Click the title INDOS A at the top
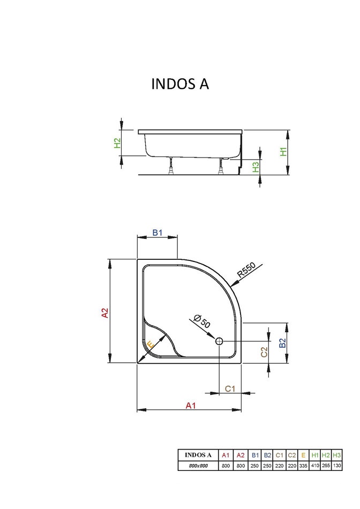point(180,85)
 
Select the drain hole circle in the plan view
point(219,341)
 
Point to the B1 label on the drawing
point(157,233)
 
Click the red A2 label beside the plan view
point(106,313)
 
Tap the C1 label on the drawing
point(230,388)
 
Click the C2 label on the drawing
point(264,352)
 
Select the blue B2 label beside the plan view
point(282,343)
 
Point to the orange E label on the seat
point(151,345)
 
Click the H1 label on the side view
point(284,152)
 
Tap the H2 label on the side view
point(117,143)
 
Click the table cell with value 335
point(303,466)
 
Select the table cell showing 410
point(314,466)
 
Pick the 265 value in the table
point(326,466)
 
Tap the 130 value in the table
point(336,466)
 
